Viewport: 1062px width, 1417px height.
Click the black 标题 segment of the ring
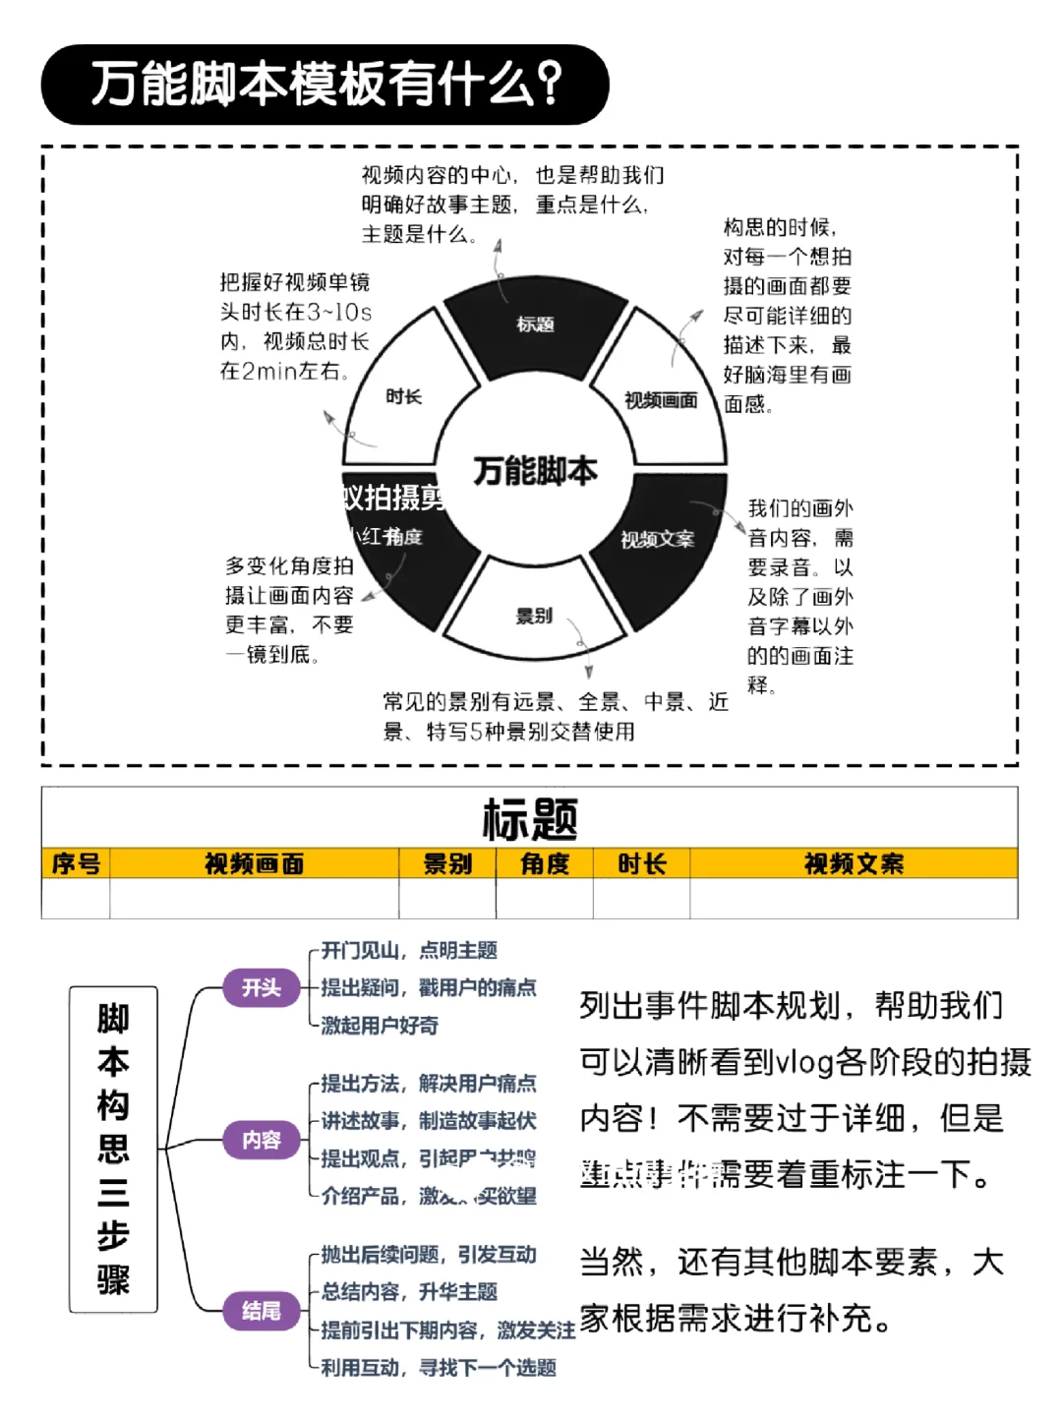pos(535,324)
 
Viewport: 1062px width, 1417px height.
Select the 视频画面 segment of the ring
pos(661,399)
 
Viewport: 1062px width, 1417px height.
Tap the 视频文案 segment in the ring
pos(657,539)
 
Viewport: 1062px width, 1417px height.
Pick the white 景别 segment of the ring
pos(534,617)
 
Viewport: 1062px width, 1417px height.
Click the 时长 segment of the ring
pos(403,396)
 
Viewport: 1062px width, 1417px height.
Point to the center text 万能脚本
pos(535,471)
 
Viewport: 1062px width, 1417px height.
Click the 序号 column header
pos(76,863)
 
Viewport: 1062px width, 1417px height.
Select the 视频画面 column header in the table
pos(254,863)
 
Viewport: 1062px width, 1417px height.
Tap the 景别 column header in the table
pos(447,863)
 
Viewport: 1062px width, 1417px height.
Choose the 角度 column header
pos(545,863)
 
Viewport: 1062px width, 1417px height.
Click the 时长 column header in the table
pos(641,863)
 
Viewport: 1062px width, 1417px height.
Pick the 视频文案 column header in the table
pos(854,863)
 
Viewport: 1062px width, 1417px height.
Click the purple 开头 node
pos(262,987)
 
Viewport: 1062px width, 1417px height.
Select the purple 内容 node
pos(262,1140)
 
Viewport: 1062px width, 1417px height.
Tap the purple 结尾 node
pos(262,1311)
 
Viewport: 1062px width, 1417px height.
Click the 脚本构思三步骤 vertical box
pos(113,1149)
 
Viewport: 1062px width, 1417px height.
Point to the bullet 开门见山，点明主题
pos(409,950)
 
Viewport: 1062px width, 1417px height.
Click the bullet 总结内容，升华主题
pos(409,1292)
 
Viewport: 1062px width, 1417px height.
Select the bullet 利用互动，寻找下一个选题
pos(439,1368)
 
